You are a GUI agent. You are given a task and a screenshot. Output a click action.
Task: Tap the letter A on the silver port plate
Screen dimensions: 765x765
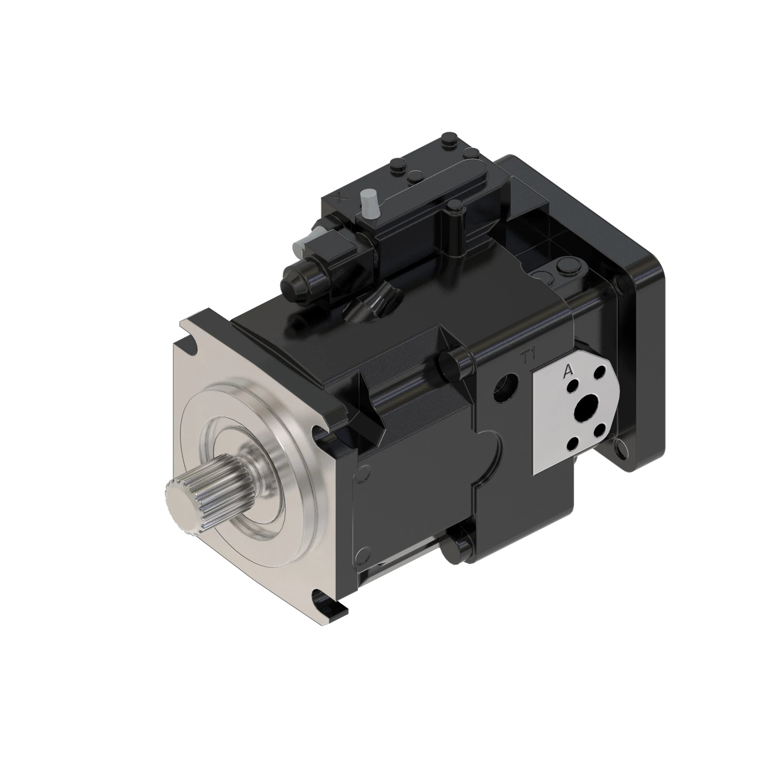pos(568,371)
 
